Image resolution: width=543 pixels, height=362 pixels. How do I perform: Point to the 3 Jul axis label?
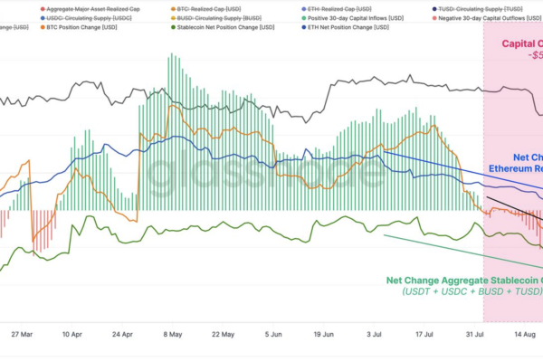[374, 333]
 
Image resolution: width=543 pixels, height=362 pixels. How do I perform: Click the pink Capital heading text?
[521, 43]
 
